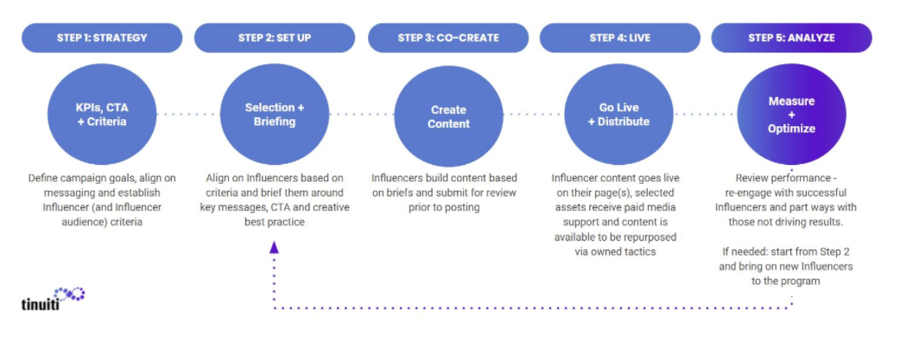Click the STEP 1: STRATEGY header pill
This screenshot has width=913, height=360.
point(102,38)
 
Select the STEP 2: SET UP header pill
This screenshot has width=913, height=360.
point(275,38)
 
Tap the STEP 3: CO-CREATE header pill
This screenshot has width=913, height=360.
point(448,38)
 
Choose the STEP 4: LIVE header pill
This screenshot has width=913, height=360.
point(619,38)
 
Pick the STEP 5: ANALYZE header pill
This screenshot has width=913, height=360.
point(791,38)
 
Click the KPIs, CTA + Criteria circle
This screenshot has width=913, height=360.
point(102,115)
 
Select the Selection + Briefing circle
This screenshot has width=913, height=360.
point(275,115)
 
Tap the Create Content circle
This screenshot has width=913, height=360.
point(448,117)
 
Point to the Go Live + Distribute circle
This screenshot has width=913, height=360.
point(619,115)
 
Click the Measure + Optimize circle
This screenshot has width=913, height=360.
point(791,115)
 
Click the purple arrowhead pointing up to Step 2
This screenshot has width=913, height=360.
point(274,247)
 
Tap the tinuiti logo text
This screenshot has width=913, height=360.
point(41,304)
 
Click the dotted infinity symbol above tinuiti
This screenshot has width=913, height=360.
point(69,294)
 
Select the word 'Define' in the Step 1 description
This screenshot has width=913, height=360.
point(42,178)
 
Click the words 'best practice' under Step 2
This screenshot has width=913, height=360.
point(275,222)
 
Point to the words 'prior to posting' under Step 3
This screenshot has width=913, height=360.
point(444,207)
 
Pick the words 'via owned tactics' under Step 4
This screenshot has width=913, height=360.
point(615,252)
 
